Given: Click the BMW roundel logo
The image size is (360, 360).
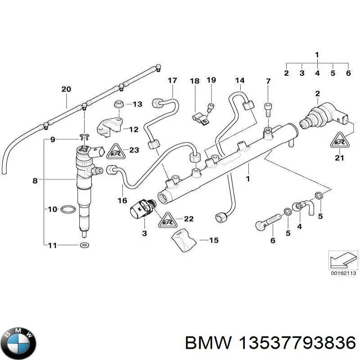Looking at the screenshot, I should coord(18,342).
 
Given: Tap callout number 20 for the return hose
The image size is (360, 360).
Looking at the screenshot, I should coord(66,89).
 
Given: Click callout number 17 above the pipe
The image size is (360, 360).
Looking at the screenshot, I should coord(173,81).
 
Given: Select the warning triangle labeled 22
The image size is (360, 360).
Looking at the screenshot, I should coord(167,219).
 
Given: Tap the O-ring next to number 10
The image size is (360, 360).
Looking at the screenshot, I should coord(67,209).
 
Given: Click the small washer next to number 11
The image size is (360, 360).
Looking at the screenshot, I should coord(83,245).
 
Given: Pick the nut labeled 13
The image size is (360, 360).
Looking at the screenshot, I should coord(118,104).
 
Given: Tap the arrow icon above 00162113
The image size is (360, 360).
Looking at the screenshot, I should coord(342,260).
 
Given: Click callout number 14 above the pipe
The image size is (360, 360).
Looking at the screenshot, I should coord(239,81).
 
